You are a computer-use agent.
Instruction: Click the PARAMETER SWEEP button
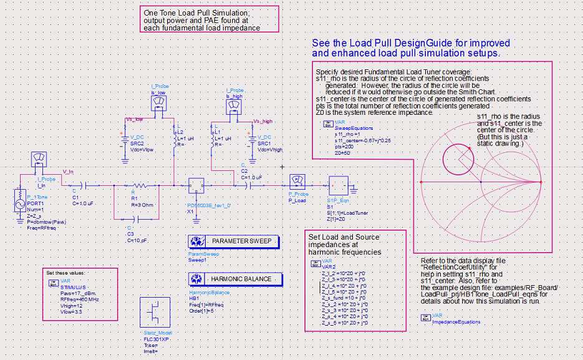(x=231, y=241)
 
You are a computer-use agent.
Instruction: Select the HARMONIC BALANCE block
(x=231, y=278)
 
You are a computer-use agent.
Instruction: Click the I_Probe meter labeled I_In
(x=38, y=161)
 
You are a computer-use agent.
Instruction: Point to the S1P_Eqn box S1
(x=338, y=185)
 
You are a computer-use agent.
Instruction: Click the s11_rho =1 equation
(x=346, y=134)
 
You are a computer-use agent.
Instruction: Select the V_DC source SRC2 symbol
(x=122, y=139)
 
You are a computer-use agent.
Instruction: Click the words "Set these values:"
(x=66, y=273)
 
